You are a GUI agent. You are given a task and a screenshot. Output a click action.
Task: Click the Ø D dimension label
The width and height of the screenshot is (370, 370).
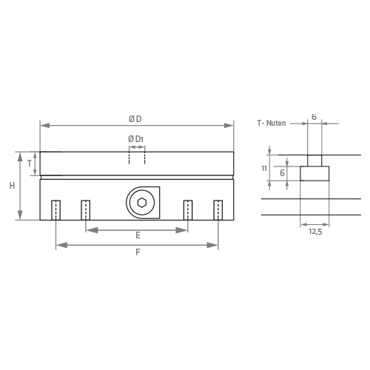[x=135, y=119]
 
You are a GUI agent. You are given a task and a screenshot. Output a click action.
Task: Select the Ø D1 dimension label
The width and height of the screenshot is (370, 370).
[x=135, y=139]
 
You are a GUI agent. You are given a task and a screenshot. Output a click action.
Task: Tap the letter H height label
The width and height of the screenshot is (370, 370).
[x=12, y=186]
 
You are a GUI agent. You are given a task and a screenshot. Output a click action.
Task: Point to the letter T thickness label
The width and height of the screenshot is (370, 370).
[x=30, y=164]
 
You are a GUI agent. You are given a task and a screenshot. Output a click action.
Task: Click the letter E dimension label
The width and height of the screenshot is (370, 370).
[x=138, y=235]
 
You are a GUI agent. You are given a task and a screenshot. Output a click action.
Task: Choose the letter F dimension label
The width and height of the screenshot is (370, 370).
[x=138, y=252]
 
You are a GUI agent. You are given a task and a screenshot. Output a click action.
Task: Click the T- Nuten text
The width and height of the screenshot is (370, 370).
[x=272, y=123]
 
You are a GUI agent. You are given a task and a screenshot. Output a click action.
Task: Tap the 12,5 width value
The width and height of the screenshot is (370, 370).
[x=315, y=232]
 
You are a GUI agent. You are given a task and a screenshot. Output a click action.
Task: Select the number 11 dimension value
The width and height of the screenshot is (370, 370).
[x=264, y=169]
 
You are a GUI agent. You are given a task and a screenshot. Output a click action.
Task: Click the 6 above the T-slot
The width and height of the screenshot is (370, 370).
[x=314, y=117]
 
